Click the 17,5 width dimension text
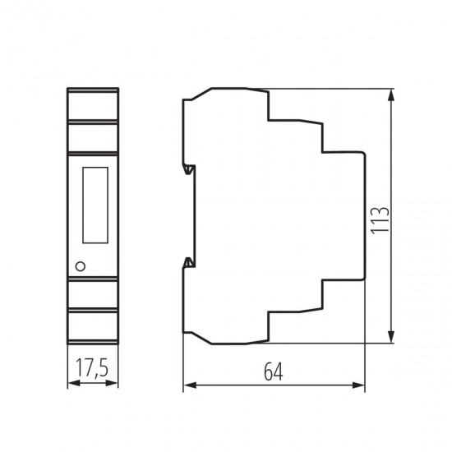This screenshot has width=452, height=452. tap(92, 368)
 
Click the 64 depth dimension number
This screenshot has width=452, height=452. tap(274, 371)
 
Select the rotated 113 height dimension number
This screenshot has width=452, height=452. tap(380, 220)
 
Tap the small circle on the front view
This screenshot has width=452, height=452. tap(81, 266)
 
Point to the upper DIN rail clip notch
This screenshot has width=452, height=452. tap(189, 169)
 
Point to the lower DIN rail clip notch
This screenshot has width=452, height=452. tap(189, 262)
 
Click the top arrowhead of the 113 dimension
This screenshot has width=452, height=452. tap(391, 95)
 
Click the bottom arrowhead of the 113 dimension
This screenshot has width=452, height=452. tap(391, 337)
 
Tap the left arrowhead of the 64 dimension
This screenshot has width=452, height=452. tap(190, 385)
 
